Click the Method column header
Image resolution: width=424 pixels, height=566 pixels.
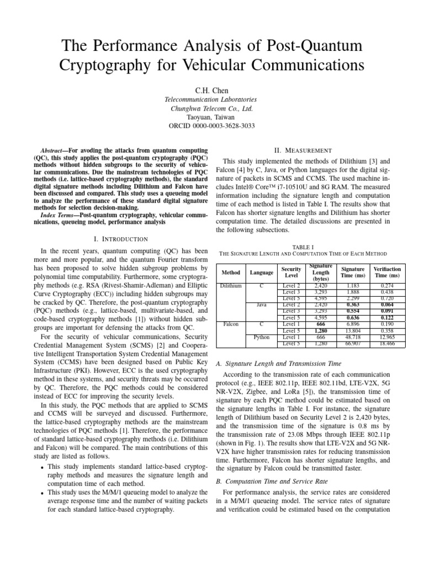(230, 272)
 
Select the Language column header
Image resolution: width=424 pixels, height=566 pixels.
(261, 272)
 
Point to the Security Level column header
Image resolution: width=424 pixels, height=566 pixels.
(291, 272)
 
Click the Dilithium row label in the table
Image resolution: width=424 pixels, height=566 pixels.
(230, 286)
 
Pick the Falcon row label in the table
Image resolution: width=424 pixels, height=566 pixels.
(230, 323)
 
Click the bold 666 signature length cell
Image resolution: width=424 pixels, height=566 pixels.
(321, 324)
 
